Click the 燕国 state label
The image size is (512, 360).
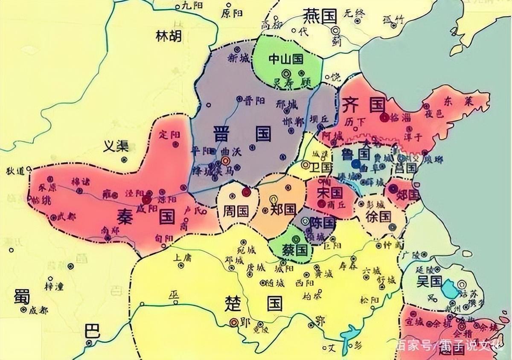(x=320, y=16)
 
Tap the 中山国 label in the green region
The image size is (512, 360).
(x=285, y=59)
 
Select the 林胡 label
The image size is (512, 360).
(x=168, y=37)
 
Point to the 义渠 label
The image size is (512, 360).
(x=116, y=146)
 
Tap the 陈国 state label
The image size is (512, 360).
(x=322, y=222)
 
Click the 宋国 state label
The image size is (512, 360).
(x=330, y=193)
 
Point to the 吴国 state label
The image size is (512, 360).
(x=429, y=281)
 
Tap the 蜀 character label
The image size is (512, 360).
(x=20, y=296)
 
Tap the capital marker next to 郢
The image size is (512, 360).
(x=233, y=322)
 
